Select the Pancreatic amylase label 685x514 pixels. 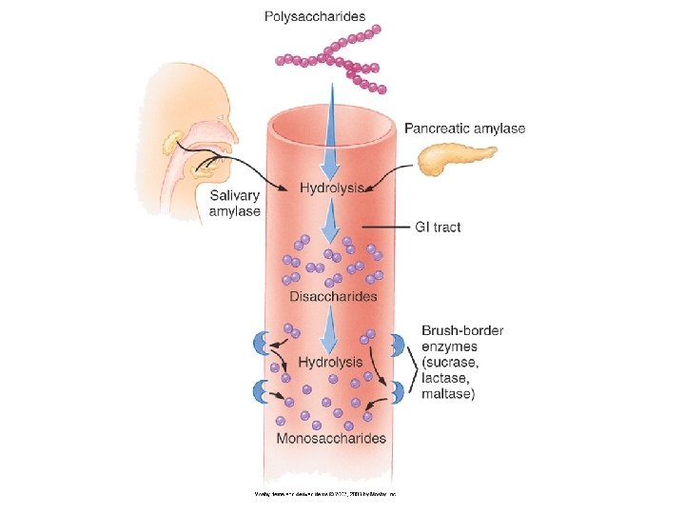(x=464, y=128)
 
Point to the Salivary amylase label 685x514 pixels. (x=234, y=203)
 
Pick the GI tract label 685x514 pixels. (x=438, y=227)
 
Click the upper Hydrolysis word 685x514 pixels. (x=330, y=188)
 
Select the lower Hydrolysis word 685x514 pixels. (x=330, y=362)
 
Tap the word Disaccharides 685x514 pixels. (x=333, y=297)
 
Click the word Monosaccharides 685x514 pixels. (x=331, y=439)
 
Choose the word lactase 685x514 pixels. (x=445, y=378)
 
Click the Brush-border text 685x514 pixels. (x=462, y=331)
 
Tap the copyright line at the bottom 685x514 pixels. (x=323, y=494)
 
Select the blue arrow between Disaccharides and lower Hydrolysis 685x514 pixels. (x=330, y=328)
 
